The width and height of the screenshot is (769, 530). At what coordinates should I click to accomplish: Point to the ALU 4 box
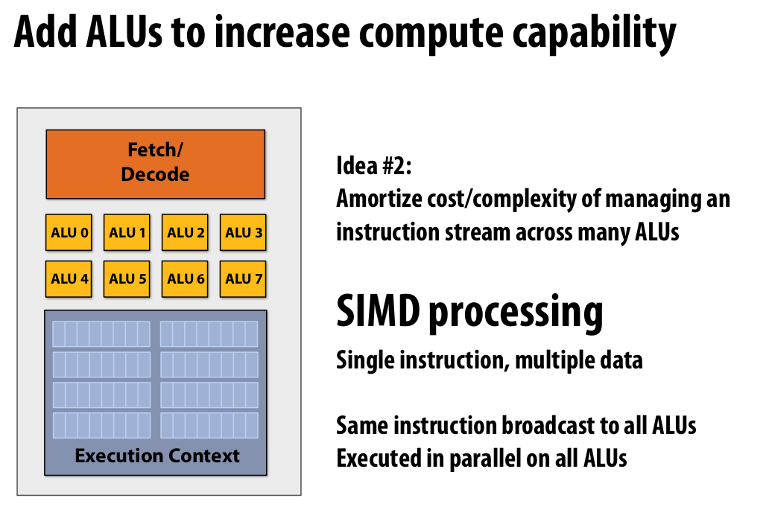pos(69,279)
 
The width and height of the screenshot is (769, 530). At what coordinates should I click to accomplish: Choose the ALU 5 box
pos(127,279)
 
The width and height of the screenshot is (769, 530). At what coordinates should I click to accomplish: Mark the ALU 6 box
pos(186,279)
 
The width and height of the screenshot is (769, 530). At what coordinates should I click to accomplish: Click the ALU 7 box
pos(244,279)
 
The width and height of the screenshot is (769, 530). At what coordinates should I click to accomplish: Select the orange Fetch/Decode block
pos(155,164)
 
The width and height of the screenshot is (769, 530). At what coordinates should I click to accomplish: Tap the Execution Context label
pos(157,456)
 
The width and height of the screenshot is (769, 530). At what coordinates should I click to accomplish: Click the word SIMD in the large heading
pos(379,312)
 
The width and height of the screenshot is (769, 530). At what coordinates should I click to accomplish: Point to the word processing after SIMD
pos(515,313)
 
